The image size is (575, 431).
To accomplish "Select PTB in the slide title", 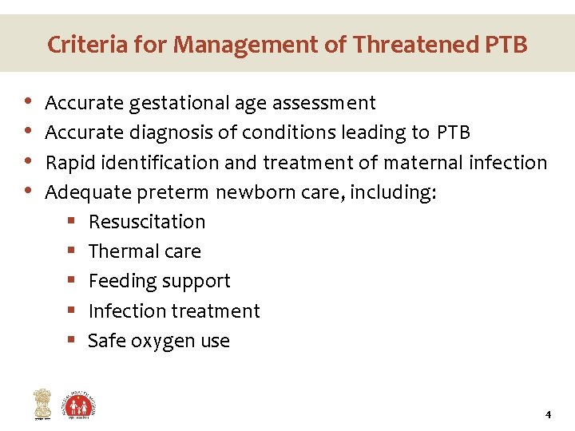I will (506, 45).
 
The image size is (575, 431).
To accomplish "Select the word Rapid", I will (67, 163).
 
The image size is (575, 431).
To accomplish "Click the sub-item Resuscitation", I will (147, 222).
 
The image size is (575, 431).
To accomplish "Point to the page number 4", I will (548, 414).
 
